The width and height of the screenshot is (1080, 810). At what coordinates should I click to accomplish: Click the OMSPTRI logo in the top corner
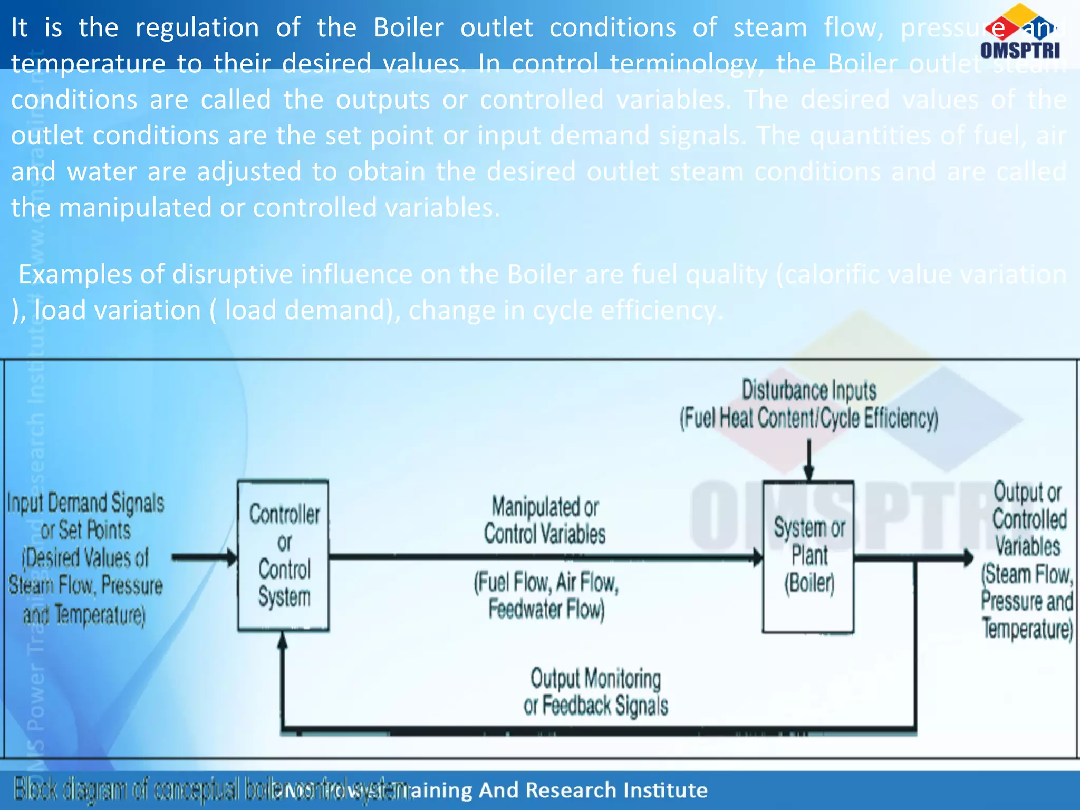[x=1020, y=33]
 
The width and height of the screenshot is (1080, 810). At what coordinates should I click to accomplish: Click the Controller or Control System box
[x=284, y=555]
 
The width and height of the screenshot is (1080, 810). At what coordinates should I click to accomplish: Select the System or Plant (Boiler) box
[x=808, y=556]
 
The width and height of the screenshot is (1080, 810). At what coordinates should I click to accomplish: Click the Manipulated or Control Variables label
[x=545, y=520]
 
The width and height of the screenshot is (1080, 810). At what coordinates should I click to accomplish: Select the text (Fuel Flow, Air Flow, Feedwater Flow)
[x=546, y=596]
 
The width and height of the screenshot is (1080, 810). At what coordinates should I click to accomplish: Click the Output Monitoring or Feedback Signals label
[x=596, y=692]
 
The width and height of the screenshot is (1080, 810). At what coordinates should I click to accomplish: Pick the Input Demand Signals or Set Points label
[x=85, y=558]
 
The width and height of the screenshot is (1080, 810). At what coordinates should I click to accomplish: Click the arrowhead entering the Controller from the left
[x=232, y=557]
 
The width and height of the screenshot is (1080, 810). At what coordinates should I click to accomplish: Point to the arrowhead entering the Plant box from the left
[x=757, y=557]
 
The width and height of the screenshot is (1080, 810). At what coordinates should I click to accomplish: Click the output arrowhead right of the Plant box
[x=968, y=557]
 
